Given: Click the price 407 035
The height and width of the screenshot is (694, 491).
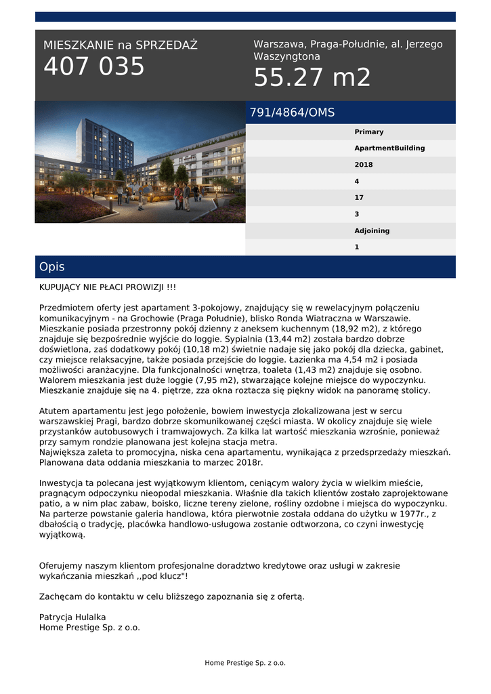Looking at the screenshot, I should [94, 67].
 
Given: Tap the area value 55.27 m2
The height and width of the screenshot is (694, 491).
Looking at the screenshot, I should [312, 78].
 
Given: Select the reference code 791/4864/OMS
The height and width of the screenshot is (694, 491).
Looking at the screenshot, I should [292, 113].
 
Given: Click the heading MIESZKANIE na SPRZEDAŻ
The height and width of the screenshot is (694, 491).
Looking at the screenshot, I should [121, 45].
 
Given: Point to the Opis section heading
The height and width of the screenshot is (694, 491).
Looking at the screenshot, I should [52, 267].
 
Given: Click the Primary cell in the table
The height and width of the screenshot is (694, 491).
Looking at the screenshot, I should [369, 132].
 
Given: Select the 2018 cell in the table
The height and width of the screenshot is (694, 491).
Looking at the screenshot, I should [364, 165].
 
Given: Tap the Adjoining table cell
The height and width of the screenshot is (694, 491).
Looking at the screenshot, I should [372, 231].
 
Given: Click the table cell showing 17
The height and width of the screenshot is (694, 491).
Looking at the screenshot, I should [359, 198].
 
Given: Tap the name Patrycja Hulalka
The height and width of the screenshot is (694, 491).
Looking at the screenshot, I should [72, 617].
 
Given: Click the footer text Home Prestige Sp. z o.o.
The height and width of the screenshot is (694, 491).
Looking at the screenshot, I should [245, 663].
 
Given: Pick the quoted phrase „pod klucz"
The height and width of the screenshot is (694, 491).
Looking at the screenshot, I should [163, 575].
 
